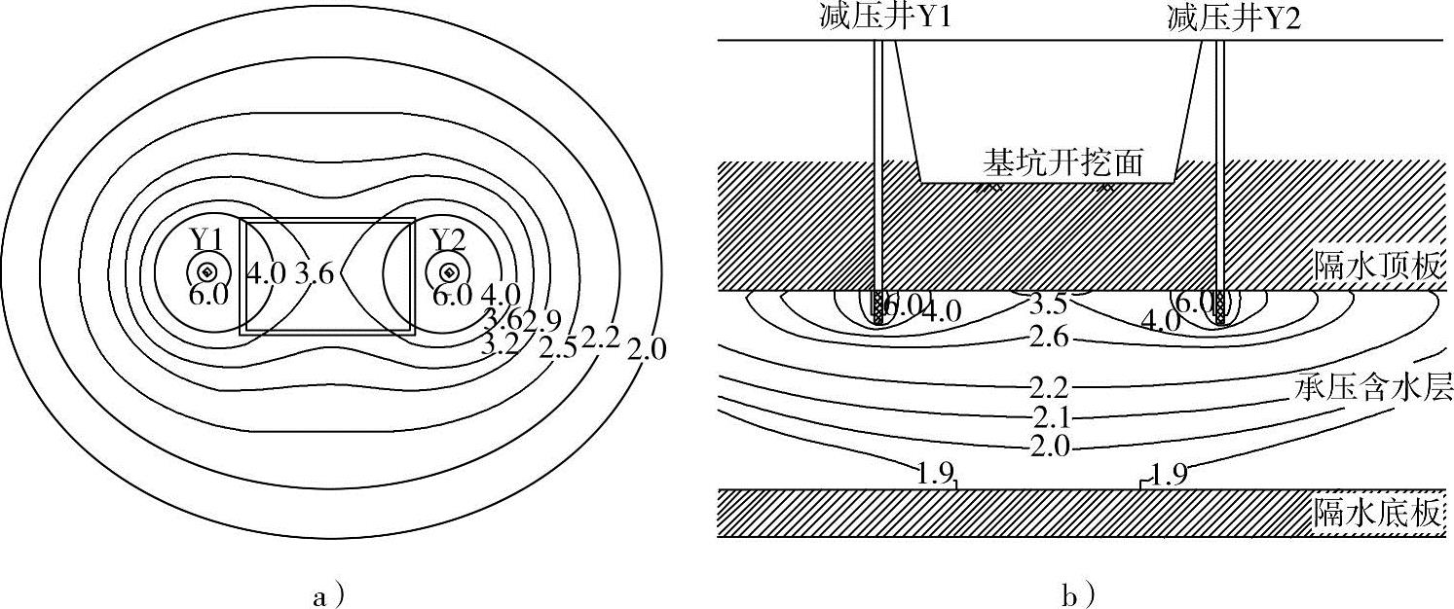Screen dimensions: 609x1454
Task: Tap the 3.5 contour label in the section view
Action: (1048, 304)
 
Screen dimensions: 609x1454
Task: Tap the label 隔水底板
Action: (1376, 512)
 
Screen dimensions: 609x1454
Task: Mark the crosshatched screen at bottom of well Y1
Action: (878, 307)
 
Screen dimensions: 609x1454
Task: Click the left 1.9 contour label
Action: (932, 476)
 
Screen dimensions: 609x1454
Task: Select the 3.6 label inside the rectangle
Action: (315, 273)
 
